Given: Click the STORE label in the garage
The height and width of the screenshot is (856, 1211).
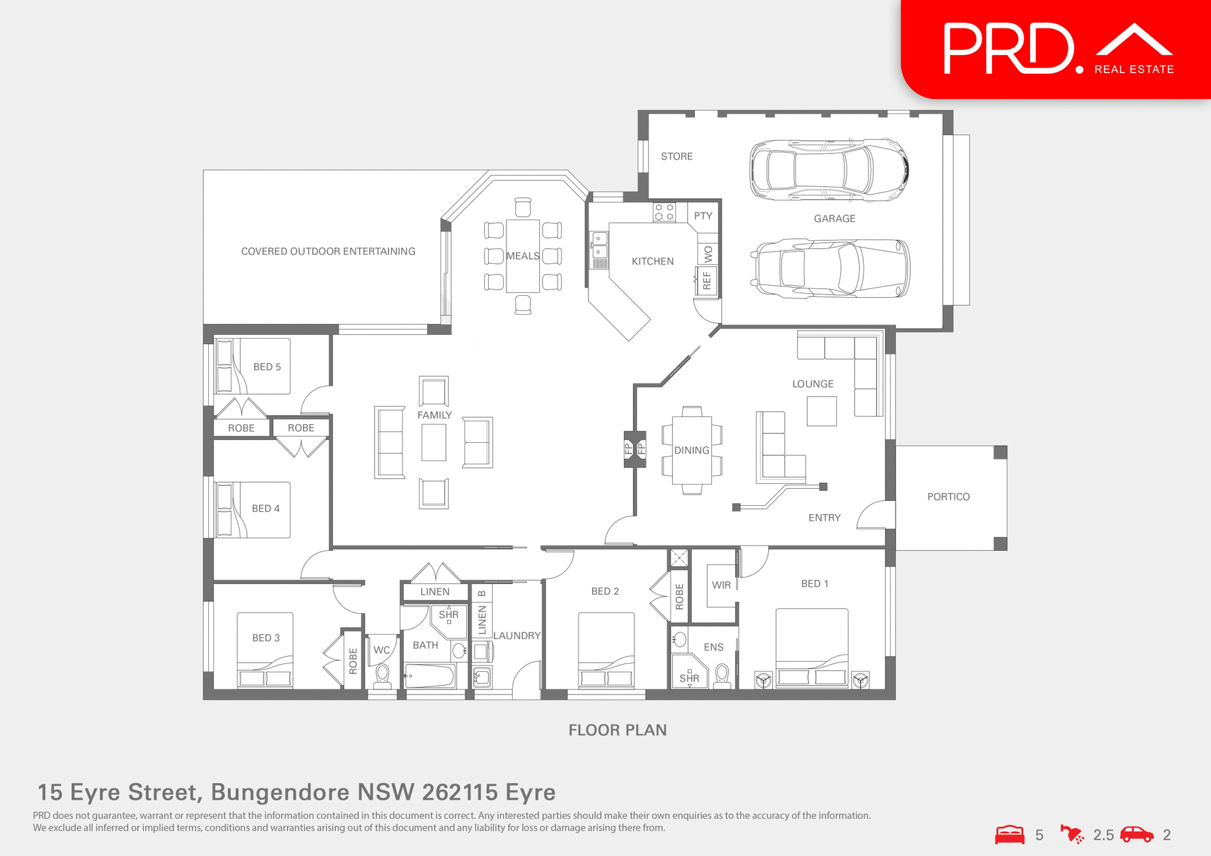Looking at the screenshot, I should point(676,156).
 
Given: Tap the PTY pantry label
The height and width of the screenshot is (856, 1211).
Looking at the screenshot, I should point(703,216).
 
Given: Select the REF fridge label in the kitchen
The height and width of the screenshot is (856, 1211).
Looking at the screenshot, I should point(706,281).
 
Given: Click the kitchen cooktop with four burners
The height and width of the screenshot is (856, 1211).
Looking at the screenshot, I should point(664,212).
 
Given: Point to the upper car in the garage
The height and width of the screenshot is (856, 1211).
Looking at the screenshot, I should point(829,170).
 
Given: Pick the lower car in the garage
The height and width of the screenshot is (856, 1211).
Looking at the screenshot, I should point(830,268).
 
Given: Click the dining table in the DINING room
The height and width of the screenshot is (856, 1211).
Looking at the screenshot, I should point(691,450).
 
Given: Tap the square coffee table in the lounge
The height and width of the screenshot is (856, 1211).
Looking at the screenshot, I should point(821,411).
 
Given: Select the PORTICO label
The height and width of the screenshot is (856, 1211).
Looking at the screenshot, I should point(948,497).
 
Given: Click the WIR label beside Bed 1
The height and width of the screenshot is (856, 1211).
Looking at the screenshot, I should point(721,585).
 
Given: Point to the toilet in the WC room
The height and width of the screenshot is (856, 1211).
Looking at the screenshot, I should point(382,676).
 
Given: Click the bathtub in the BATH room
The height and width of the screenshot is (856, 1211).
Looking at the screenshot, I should point(430,676).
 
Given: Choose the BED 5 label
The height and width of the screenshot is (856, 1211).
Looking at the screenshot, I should point(267,367).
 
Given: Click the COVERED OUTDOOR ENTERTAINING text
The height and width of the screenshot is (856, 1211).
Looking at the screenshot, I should point(328,252).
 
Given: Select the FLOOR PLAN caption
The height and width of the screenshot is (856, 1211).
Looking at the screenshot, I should point(617,730).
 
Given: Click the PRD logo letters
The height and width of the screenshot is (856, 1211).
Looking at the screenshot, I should point(1007,49).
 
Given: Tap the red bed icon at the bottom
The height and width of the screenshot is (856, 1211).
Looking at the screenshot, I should point(1010,835).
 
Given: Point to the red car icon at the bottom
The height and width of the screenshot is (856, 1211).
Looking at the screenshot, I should point(1137,835).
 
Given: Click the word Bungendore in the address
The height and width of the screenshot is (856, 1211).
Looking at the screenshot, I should point(279,792).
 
